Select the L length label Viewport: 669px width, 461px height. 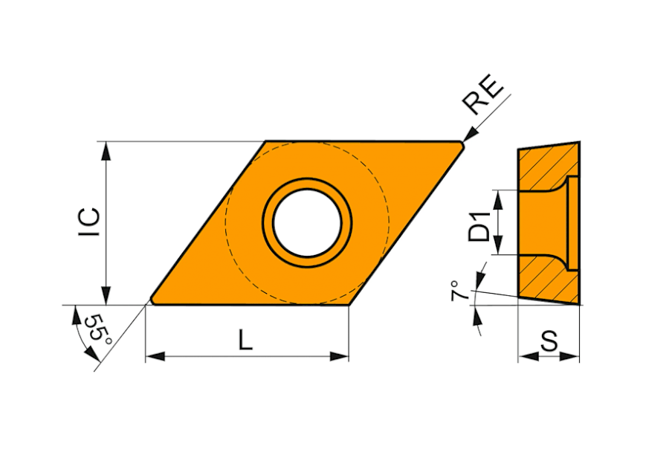(246, 339)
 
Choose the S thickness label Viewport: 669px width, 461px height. (549, 341)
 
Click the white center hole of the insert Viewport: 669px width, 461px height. (307, 223)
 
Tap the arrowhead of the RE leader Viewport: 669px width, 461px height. (469, 134)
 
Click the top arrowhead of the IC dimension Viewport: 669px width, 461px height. (106, 151)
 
